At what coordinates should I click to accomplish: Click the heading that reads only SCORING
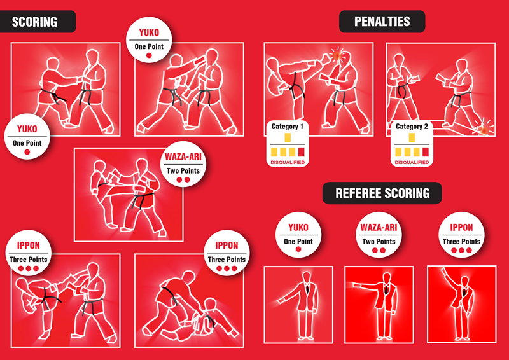click(x=35, y=22)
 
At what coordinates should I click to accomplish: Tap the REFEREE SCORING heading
click(x=382, y=193)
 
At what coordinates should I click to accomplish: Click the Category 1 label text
click(x=287, y=127)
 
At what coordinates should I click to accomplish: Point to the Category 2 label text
click(x=412, y=127)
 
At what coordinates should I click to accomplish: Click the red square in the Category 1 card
click(x=301, y=152)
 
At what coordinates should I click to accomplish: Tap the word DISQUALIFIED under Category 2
click(x=412, y=163)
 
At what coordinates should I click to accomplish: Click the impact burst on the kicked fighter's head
click(x=336, y=57)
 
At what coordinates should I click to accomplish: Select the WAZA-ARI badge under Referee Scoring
click(x=379, y=235)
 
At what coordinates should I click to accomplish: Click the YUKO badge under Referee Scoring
click(x=298, y=235)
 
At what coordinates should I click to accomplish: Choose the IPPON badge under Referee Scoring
click(x=461, y=235)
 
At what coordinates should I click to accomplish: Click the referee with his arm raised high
click(x=461, y=302)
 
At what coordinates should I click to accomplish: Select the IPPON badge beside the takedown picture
click(x=227, y=253)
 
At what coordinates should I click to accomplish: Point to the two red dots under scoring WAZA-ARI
click(x=183, y=180)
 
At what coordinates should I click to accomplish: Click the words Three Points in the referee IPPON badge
click(x=461, y=242)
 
